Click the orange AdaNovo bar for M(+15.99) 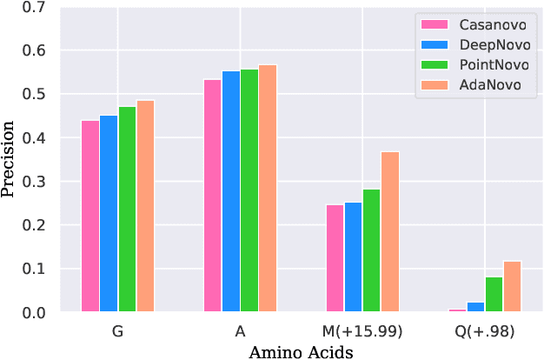point(390,231)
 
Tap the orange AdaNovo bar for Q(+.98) point(513,286)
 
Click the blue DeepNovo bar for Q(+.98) point(475,307)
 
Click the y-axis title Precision point(10,159)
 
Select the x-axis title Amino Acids point(301,351)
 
